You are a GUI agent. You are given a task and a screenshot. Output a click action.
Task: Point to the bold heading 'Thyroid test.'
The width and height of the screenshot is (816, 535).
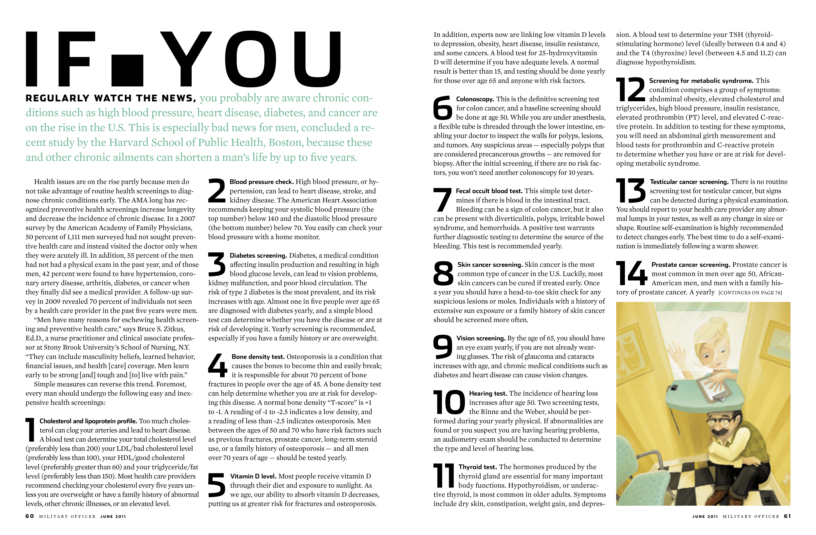(478, 467)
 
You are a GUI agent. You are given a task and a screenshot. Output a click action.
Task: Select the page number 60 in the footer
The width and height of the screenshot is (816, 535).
(29, 516)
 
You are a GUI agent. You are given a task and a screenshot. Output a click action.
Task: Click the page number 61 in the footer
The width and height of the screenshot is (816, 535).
(787, 516)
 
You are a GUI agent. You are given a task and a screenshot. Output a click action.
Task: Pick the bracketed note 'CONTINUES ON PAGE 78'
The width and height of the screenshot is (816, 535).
(750, 292)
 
